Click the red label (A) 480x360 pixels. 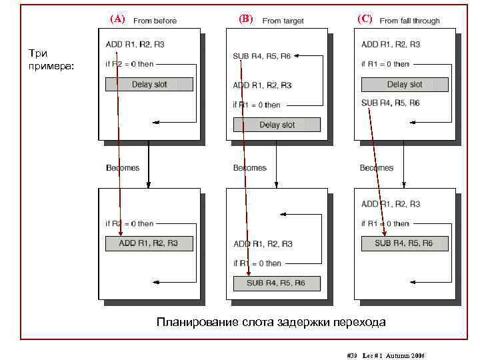coord(117,19)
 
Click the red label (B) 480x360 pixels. coord(245,19)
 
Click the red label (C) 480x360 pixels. coord(365,19)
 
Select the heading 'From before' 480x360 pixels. coord(155,21)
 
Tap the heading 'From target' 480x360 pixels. coord(283,21)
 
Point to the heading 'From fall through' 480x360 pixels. coord(409,21)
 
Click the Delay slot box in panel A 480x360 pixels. coord(149,84)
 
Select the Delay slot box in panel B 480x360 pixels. coord(277,125)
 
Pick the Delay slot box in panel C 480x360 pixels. coord(405,84)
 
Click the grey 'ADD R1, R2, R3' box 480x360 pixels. coord(149,243)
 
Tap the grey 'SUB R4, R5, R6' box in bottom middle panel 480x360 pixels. coord(276,283)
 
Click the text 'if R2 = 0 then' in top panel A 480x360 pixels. coord(129,65)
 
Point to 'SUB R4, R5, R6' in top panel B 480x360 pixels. coord(261,57)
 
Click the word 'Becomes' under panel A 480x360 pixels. coord(123,168)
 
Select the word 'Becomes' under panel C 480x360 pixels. coord(377,168)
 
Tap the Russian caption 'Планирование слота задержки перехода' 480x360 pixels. coord(271,323)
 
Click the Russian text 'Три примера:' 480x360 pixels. coord(43,59)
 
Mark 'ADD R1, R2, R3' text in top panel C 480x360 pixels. coord(391,45)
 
